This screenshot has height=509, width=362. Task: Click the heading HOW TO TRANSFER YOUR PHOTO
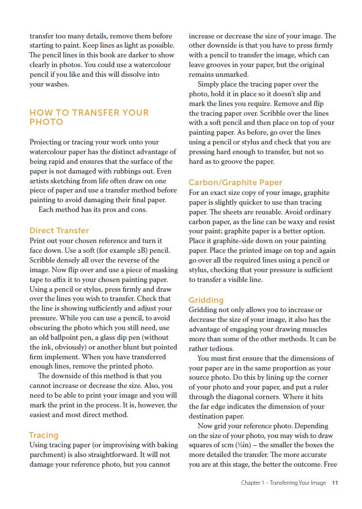(x=89, y=117)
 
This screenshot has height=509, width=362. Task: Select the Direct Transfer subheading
(x=59, y=230)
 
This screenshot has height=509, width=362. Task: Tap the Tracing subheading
(x=43, y=435)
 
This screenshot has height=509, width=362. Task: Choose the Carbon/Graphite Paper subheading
(x=235, y=182)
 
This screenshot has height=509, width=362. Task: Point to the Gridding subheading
(x=206, y=300)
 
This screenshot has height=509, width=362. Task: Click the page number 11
(x=335, y=483)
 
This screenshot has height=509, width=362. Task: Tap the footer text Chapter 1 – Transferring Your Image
(x=283, y=483)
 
